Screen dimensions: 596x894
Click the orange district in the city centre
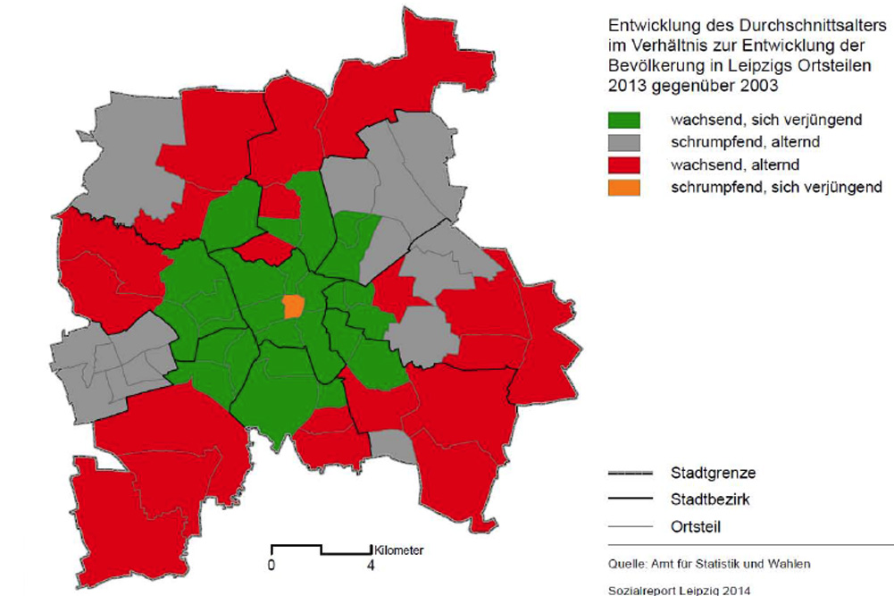[293, 306]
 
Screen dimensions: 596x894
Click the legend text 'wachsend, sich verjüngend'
[766, 120]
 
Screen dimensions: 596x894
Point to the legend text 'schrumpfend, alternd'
[746, 142]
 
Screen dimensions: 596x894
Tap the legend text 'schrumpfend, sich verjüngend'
[776, 188]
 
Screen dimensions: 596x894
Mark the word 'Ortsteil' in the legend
[697, 527]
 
